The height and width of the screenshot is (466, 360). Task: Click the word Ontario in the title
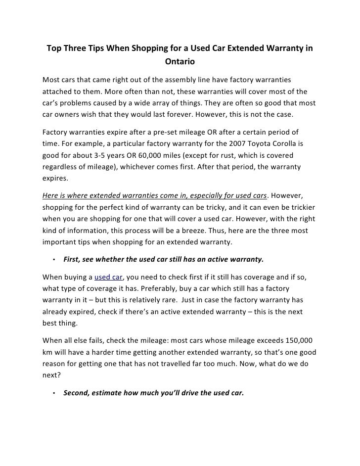coord(180,62)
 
